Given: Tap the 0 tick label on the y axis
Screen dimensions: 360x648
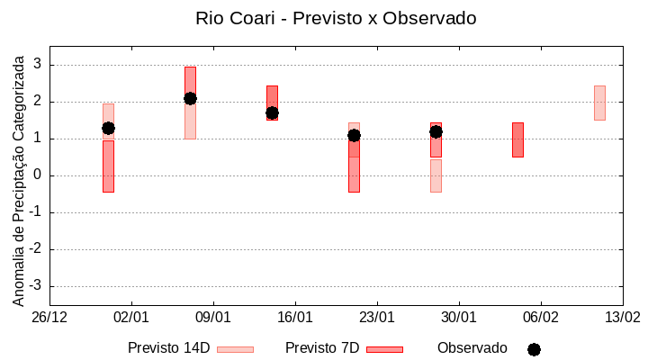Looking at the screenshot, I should pos(37,175).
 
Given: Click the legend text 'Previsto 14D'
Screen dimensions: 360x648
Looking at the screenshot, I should pos(168,348).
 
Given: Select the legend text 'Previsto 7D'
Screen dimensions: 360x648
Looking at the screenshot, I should pos(322,348).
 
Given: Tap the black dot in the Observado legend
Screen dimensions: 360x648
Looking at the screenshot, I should pos(534,349).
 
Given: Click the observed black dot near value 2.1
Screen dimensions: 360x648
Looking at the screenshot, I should pos(190,98).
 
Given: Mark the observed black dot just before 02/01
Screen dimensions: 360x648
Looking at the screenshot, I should pos(108,128).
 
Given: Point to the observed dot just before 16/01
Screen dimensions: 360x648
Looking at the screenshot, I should pos(272,112).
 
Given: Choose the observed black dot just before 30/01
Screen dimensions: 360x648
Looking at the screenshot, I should pos(436,131).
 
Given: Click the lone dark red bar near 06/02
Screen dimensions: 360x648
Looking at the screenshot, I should pos(517,139).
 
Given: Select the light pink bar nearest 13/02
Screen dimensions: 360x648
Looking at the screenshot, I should pos(599,103).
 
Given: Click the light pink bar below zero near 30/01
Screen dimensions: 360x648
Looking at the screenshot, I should pos(436,175).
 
